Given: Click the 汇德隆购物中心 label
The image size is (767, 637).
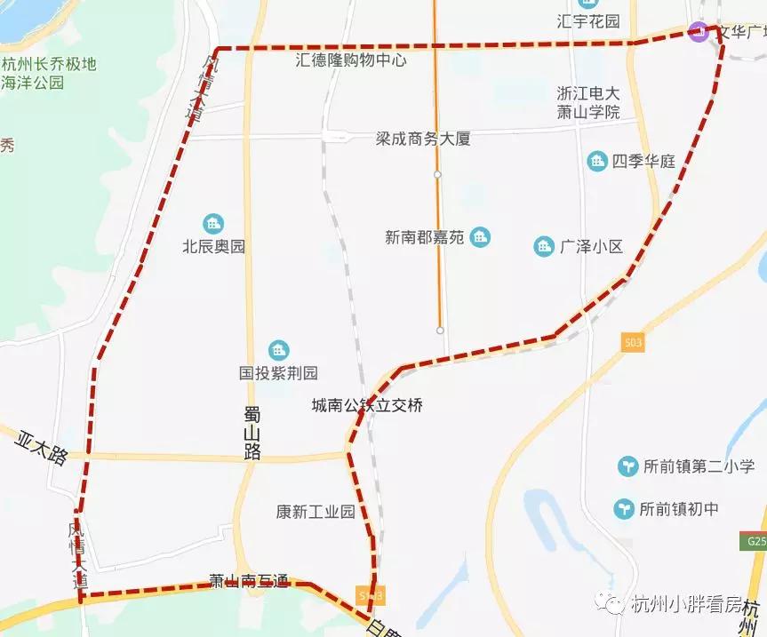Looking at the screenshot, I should (x=351, y=60).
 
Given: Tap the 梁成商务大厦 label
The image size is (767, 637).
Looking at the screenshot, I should (x=422, y=139).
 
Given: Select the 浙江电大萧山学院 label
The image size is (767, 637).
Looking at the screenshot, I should (x=587, y=102).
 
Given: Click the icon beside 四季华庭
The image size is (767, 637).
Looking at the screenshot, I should (x=597, y=161).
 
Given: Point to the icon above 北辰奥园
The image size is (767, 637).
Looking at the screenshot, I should (x=212, y=223).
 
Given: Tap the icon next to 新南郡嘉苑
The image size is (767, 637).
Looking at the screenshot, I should (x=481, y=237).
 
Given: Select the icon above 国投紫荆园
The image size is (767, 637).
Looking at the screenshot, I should (x=278, y=350).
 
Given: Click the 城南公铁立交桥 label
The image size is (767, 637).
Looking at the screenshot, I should (x=366, y=405).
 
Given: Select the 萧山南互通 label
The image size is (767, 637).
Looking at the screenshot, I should (x=249, y=581).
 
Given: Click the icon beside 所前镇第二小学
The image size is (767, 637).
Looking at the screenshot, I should (x=628, y=466).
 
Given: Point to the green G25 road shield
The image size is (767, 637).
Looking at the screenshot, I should (x=755, y=541).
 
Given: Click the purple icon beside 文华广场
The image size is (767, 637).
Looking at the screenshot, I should (x=699, y=33).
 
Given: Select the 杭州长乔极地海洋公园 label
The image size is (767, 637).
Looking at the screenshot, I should (x=49, y=74).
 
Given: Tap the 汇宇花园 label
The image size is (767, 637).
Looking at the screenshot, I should (x=587, y=20).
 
